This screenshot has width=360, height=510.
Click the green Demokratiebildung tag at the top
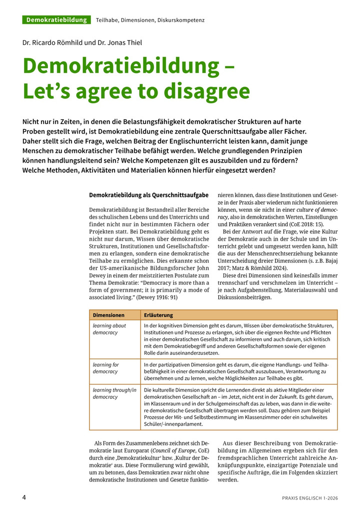[56, 20]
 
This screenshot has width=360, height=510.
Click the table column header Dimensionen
[108, 315]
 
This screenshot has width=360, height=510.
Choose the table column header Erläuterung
[158, 315]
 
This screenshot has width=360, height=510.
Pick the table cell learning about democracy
[109, 329]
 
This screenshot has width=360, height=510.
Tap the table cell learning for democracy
[105, 368]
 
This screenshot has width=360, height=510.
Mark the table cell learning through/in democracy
[114, 393]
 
